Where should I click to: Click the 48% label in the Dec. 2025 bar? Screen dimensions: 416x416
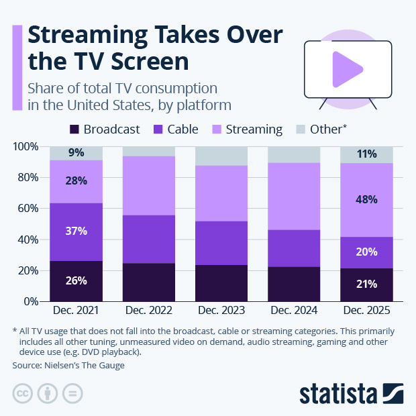click(366, 199)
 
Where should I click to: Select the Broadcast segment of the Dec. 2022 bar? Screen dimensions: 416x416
click(148, 282)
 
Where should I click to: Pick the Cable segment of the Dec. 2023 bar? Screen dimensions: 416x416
click(221, 243)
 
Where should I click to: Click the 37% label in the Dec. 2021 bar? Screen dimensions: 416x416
click(76, 230)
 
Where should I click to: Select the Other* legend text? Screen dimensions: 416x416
click(329, 129)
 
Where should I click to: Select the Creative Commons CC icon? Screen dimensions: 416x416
click(23, 393)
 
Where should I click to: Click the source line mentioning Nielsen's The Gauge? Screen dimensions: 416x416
click(68, 366)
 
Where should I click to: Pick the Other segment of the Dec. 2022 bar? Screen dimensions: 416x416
click(148, 152)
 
